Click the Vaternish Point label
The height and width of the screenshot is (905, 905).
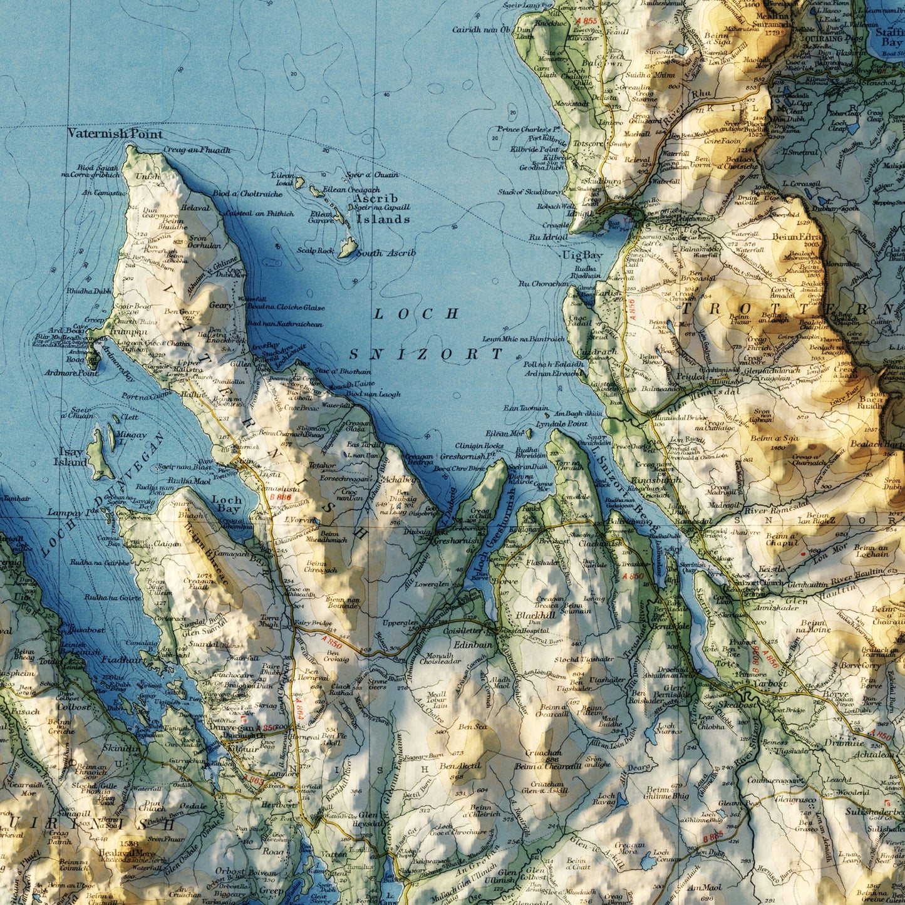tap(115, 133)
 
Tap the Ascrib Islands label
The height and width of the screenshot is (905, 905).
tap(383, 209)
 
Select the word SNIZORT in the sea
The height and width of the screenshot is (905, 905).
tap(426, 354)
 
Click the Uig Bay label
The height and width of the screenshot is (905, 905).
tap(582, 256)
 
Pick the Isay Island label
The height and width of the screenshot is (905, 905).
tap(70, 457)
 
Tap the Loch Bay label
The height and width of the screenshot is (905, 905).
tap(226, 505)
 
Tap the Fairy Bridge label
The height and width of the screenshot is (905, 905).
tap(313, 623)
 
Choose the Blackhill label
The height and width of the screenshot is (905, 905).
tap(535, 615)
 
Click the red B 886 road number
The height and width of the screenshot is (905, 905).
tap(281, 497)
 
